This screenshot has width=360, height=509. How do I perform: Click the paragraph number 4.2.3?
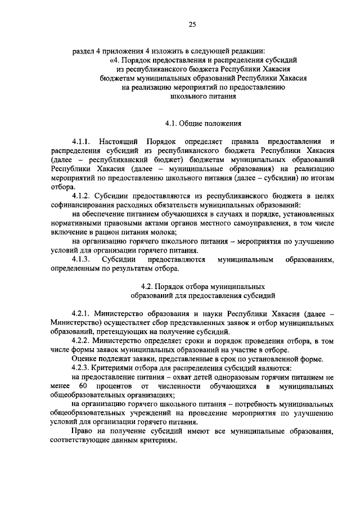pyautogui.click(x=82, y=368)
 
